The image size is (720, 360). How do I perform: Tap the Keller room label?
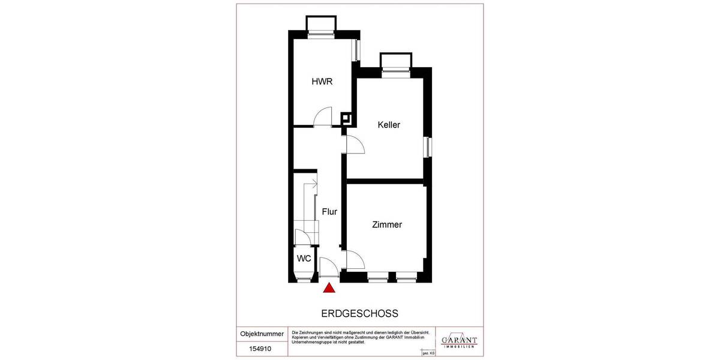pos(389,125)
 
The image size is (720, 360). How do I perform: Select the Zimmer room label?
pos(386,225)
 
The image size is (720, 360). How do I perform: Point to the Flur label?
pos(329,212)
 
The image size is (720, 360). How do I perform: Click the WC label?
pos(304,259)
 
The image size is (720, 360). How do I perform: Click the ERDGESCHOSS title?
pos(360,314)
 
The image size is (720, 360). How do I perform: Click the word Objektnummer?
pos(262,334)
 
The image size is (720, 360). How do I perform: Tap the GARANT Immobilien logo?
pos(459,339)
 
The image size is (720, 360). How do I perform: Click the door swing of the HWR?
pos(324,116)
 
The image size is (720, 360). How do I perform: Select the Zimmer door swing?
pos(356,259)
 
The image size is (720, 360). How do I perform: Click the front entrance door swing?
pos(329,265)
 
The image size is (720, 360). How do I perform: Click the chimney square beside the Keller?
pos(346,118)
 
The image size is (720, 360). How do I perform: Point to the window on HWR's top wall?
pos(320,26)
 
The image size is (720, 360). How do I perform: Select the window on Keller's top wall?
pos(396,64)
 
